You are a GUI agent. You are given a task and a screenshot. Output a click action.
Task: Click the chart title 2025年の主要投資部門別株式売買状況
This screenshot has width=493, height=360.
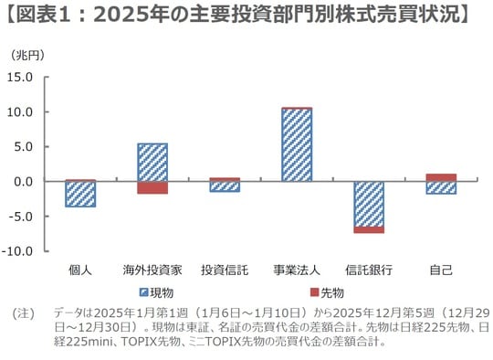pyautogui.click(x=246, y=16)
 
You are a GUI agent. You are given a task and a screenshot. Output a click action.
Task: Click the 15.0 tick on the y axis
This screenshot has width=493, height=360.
pyautogui.click(x=19, y=77)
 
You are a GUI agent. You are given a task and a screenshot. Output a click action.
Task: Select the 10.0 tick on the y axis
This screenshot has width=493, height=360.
pyautogui.click(x=19, y=111)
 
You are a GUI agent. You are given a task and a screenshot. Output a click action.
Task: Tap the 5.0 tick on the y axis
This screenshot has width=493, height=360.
pyautogui.click(x=23, y=146)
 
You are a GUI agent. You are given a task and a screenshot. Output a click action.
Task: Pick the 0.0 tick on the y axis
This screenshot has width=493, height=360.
pyautogui.click(x=23, y=181)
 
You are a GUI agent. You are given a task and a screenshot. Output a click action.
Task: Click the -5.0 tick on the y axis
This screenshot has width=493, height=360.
pyautogui.click(x=21, y=217)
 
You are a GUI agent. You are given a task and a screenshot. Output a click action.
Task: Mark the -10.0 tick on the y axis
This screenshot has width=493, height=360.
pyautogui.click(x=18, y=250)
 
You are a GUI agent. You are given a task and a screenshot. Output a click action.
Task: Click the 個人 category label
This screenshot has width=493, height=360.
pyautogui.click(x=80, y=270)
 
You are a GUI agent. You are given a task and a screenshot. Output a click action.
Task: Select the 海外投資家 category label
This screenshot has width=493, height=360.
pyautogui.click(x=152, y=270)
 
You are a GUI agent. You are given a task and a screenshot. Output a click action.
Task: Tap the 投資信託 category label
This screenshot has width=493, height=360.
pyautogui.click(x=225, y=270)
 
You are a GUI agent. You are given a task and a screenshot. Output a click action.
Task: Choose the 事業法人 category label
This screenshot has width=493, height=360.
pyautogui.click(x=297, y=270)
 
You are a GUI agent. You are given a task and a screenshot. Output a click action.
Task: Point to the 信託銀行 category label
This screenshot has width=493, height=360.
pyautogui.click(x=369, y=270)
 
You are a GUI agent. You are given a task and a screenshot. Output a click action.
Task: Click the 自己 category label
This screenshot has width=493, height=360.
pyautogui.click(x=441, y=270)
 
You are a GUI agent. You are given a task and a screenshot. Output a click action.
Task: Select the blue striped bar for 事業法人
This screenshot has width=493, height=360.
pyautogui.click(x=297, y=145)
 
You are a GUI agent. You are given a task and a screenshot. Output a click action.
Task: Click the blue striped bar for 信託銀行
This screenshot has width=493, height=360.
pyautogui.click(x=369, y=204)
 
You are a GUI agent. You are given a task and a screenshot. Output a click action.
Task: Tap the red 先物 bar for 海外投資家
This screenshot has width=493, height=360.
pyautogui.click(x=152, y=187)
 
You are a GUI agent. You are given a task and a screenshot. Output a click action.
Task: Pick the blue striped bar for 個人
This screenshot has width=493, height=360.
pyautogui.click(x=80, y=194)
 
